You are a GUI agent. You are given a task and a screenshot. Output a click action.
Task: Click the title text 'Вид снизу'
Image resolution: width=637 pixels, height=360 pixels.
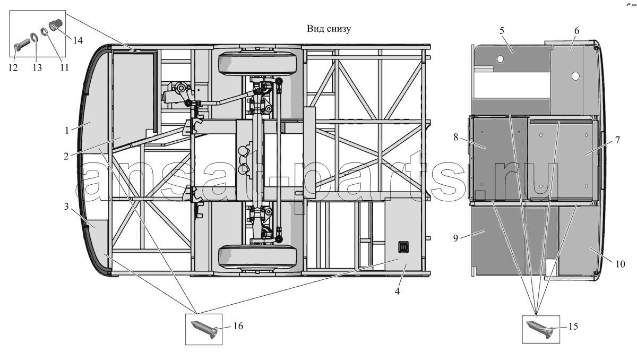click(329, 29)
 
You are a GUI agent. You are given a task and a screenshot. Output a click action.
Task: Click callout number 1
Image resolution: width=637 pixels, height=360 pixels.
click(67, 131)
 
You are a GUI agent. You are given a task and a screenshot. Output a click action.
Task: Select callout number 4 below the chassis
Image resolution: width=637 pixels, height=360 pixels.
click(397, 291)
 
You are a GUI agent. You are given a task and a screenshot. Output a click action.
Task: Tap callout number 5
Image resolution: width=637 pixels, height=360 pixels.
click(502, 30)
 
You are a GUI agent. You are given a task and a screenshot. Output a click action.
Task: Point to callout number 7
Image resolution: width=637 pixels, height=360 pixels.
click(617, 140)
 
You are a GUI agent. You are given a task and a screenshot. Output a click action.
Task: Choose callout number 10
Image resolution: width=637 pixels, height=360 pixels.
click(620, 264)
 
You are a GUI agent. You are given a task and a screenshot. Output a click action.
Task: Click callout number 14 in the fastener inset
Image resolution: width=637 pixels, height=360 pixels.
click(78, 40)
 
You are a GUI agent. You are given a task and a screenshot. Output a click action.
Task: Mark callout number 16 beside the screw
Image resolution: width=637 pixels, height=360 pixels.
click(238, 326)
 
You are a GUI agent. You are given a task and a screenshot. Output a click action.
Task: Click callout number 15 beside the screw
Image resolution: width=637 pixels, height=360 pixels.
click(573, 326)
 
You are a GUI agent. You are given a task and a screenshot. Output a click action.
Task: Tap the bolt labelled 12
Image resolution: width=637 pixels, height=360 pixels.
click(22, 46)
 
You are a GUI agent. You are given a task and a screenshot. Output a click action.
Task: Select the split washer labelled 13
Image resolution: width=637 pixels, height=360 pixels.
click(34, 38)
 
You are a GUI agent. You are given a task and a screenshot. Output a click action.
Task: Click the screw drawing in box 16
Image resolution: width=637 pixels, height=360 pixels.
click(204, 329)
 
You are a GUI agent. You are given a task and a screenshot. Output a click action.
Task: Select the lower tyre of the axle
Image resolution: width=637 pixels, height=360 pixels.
click(257, 256)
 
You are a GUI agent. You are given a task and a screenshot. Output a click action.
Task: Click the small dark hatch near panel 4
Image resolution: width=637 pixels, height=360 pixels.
click(403, 247)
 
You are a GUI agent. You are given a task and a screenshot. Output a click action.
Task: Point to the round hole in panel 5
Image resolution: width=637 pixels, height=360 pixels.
click(500, 59)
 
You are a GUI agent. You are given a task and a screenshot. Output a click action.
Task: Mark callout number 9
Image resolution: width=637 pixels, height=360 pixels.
click(455, 238)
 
